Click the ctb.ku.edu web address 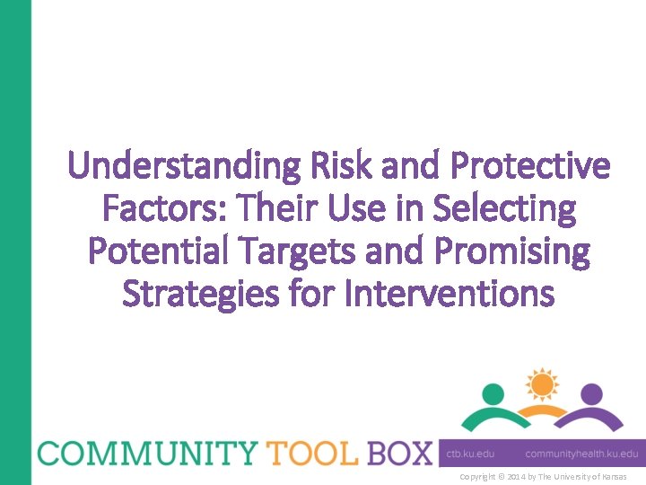point(471,454)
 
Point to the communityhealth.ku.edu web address point(581,454)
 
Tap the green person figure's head point(493,393)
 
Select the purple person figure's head point(591,393)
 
